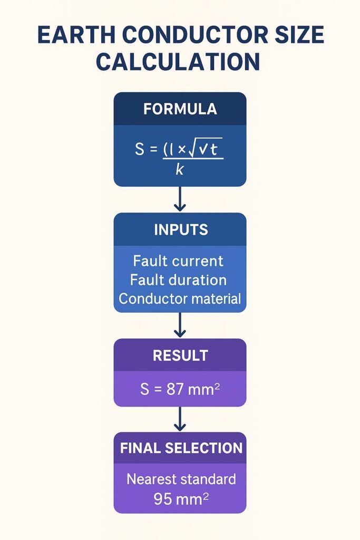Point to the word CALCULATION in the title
pyautogui.click(x=179, y=62)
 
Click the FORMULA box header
pyautogui.click(x=180, y=109)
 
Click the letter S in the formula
pyautogui.click(x=140, y=150)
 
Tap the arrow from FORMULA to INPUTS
pyautogui.click(x=180, y=199)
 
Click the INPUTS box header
pyautogui.click(x=180, y=230)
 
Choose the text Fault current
pyautogui.click(x=178, y=261)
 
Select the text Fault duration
pyautogui.click(x=178, y=279)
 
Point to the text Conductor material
pyautogui.click(x=180, y=298)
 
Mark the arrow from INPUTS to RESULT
pyautogui.click(x=180, y=325)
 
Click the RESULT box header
pyautogui.click(x=180, y=355)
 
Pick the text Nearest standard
pyautogui.click(x=181, y=479)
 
